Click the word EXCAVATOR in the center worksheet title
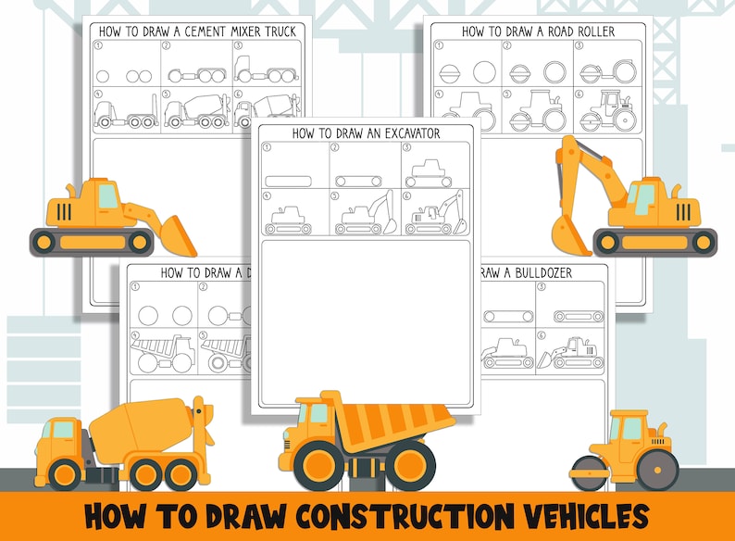pos(404,133)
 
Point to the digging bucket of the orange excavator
pos(567,233)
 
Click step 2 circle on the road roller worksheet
pos(484,72)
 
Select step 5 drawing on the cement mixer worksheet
pos(194,112)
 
